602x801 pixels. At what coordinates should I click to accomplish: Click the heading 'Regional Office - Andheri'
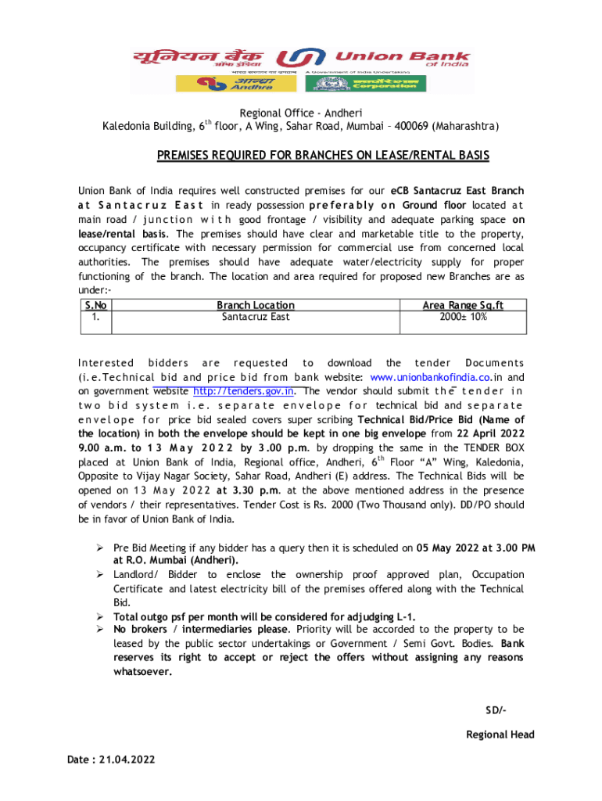coord(301,113)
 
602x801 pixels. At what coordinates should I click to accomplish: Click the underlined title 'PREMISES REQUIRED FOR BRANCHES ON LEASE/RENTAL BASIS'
coord(323,156)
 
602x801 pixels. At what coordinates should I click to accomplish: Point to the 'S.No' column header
coord(95,305)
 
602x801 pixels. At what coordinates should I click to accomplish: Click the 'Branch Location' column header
coord(255,305)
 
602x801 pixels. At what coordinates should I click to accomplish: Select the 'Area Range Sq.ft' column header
coord(463,305)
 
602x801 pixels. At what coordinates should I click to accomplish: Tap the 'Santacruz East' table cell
coord(255,317)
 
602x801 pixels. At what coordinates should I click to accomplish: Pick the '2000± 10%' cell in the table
coord(463,317)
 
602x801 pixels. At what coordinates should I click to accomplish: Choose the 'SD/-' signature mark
coord(496,709)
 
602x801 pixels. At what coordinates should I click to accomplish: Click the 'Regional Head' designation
coord(500,735)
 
